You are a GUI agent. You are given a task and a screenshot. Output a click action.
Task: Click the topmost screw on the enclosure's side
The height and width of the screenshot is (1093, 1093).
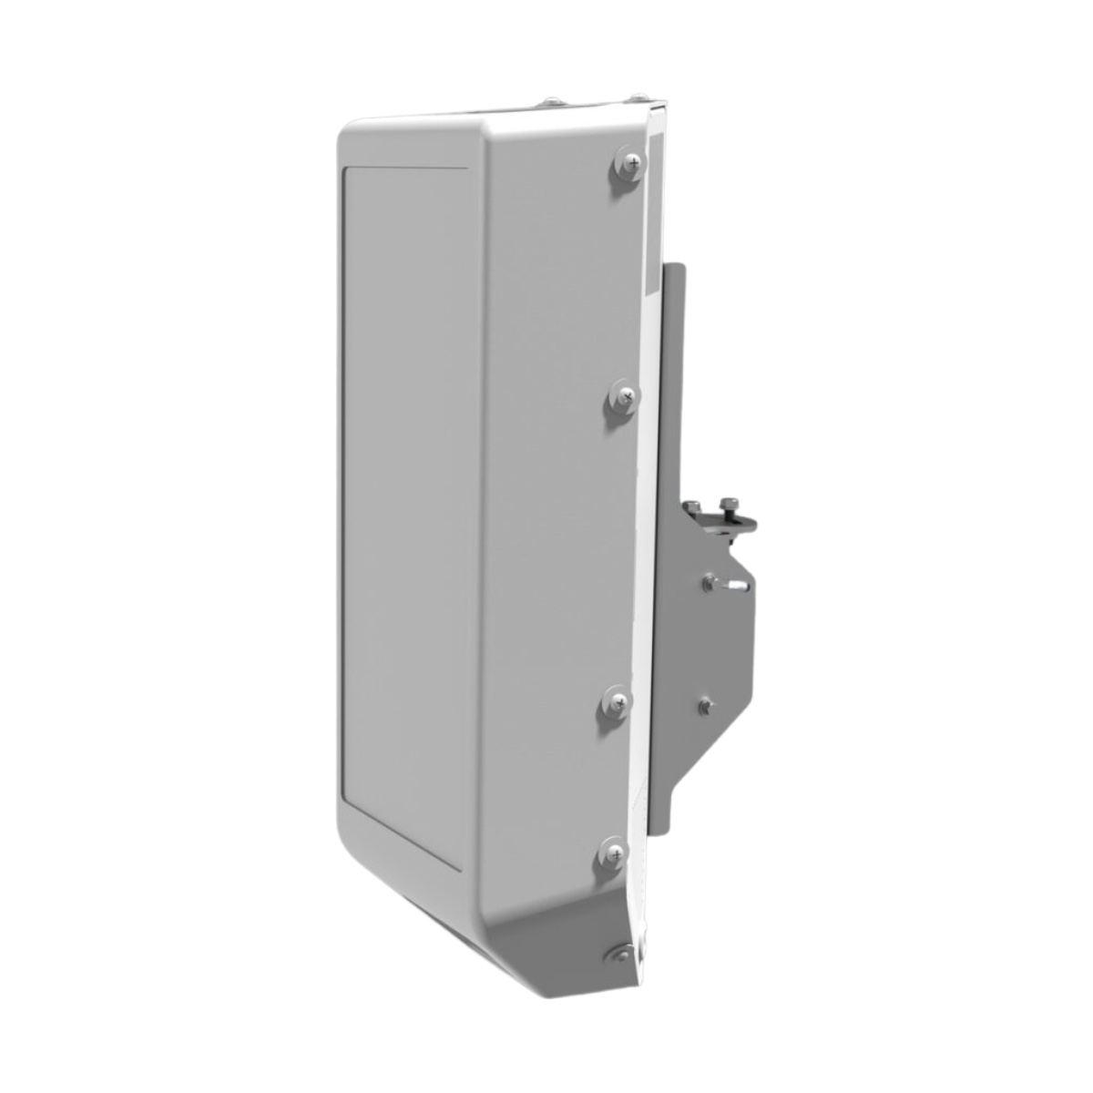tap(628, 165)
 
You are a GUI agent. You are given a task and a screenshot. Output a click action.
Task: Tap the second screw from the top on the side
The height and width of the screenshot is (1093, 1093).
tap(625, 396)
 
